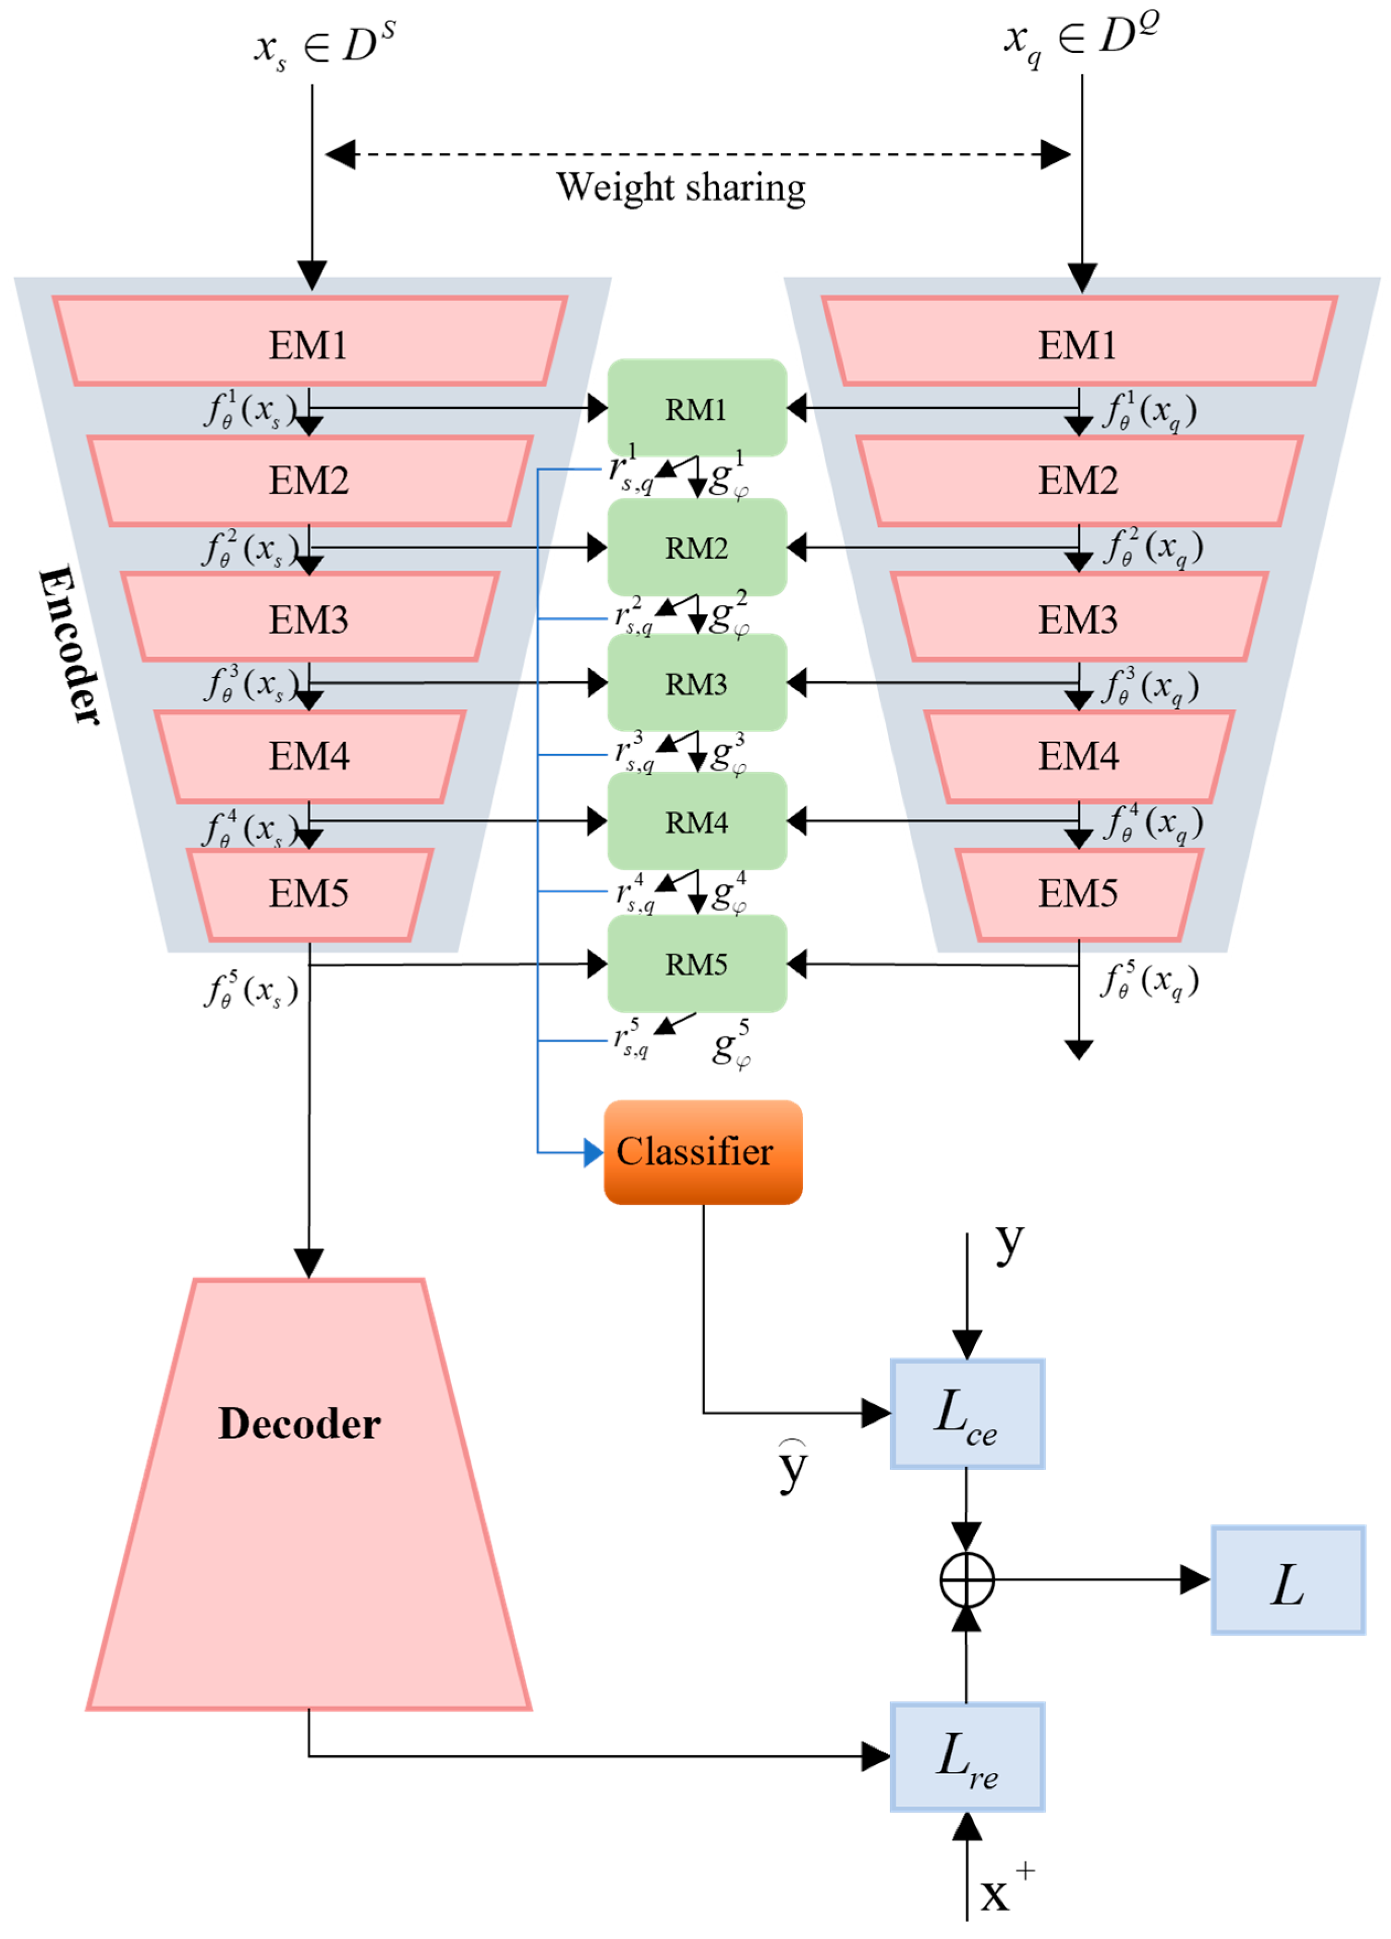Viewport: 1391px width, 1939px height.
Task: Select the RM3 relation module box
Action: coord(697,682)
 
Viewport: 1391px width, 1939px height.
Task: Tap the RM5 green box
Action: coord(697,964)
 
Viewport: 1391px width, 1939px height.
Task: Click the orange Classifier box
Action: coord(703,1152)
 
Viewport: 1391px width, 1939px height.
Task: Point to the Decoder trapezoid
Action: coord(309,1494)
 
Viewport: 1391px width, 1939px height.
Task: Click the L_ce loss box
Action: coord(967,1413)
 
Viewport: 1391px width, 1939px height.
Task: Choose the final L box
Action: coord(1287,1580)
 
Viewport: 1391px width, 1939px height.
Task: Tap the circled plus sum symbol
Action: coord(967,1580)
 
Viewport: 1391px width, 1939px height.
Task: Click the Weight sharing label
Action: coord(681,187)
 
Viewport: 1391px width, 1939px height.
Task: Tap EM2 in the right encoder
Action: coord(1079,480)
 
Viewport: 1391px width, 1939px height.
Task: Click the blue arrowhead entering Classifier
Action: coord(593,1152)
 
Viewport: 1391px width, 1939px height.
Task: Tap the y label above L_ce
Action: coord(1010,1244)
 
